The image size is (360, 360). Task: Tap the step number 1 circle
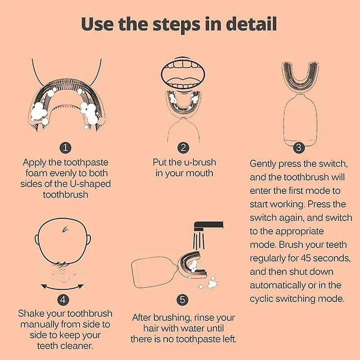65,148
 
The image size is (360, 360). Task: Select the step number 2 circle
183,148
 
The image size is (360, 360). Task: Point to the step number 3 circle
298,148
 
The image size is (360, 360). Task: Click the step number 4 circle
63,300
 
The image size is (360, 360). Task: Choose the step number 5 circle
183,300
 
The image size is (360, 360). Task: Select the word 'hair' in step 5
151,328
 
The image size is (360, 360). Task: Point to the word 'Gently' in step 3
263,164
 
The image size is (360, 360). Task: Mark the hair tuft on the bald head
65,229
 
